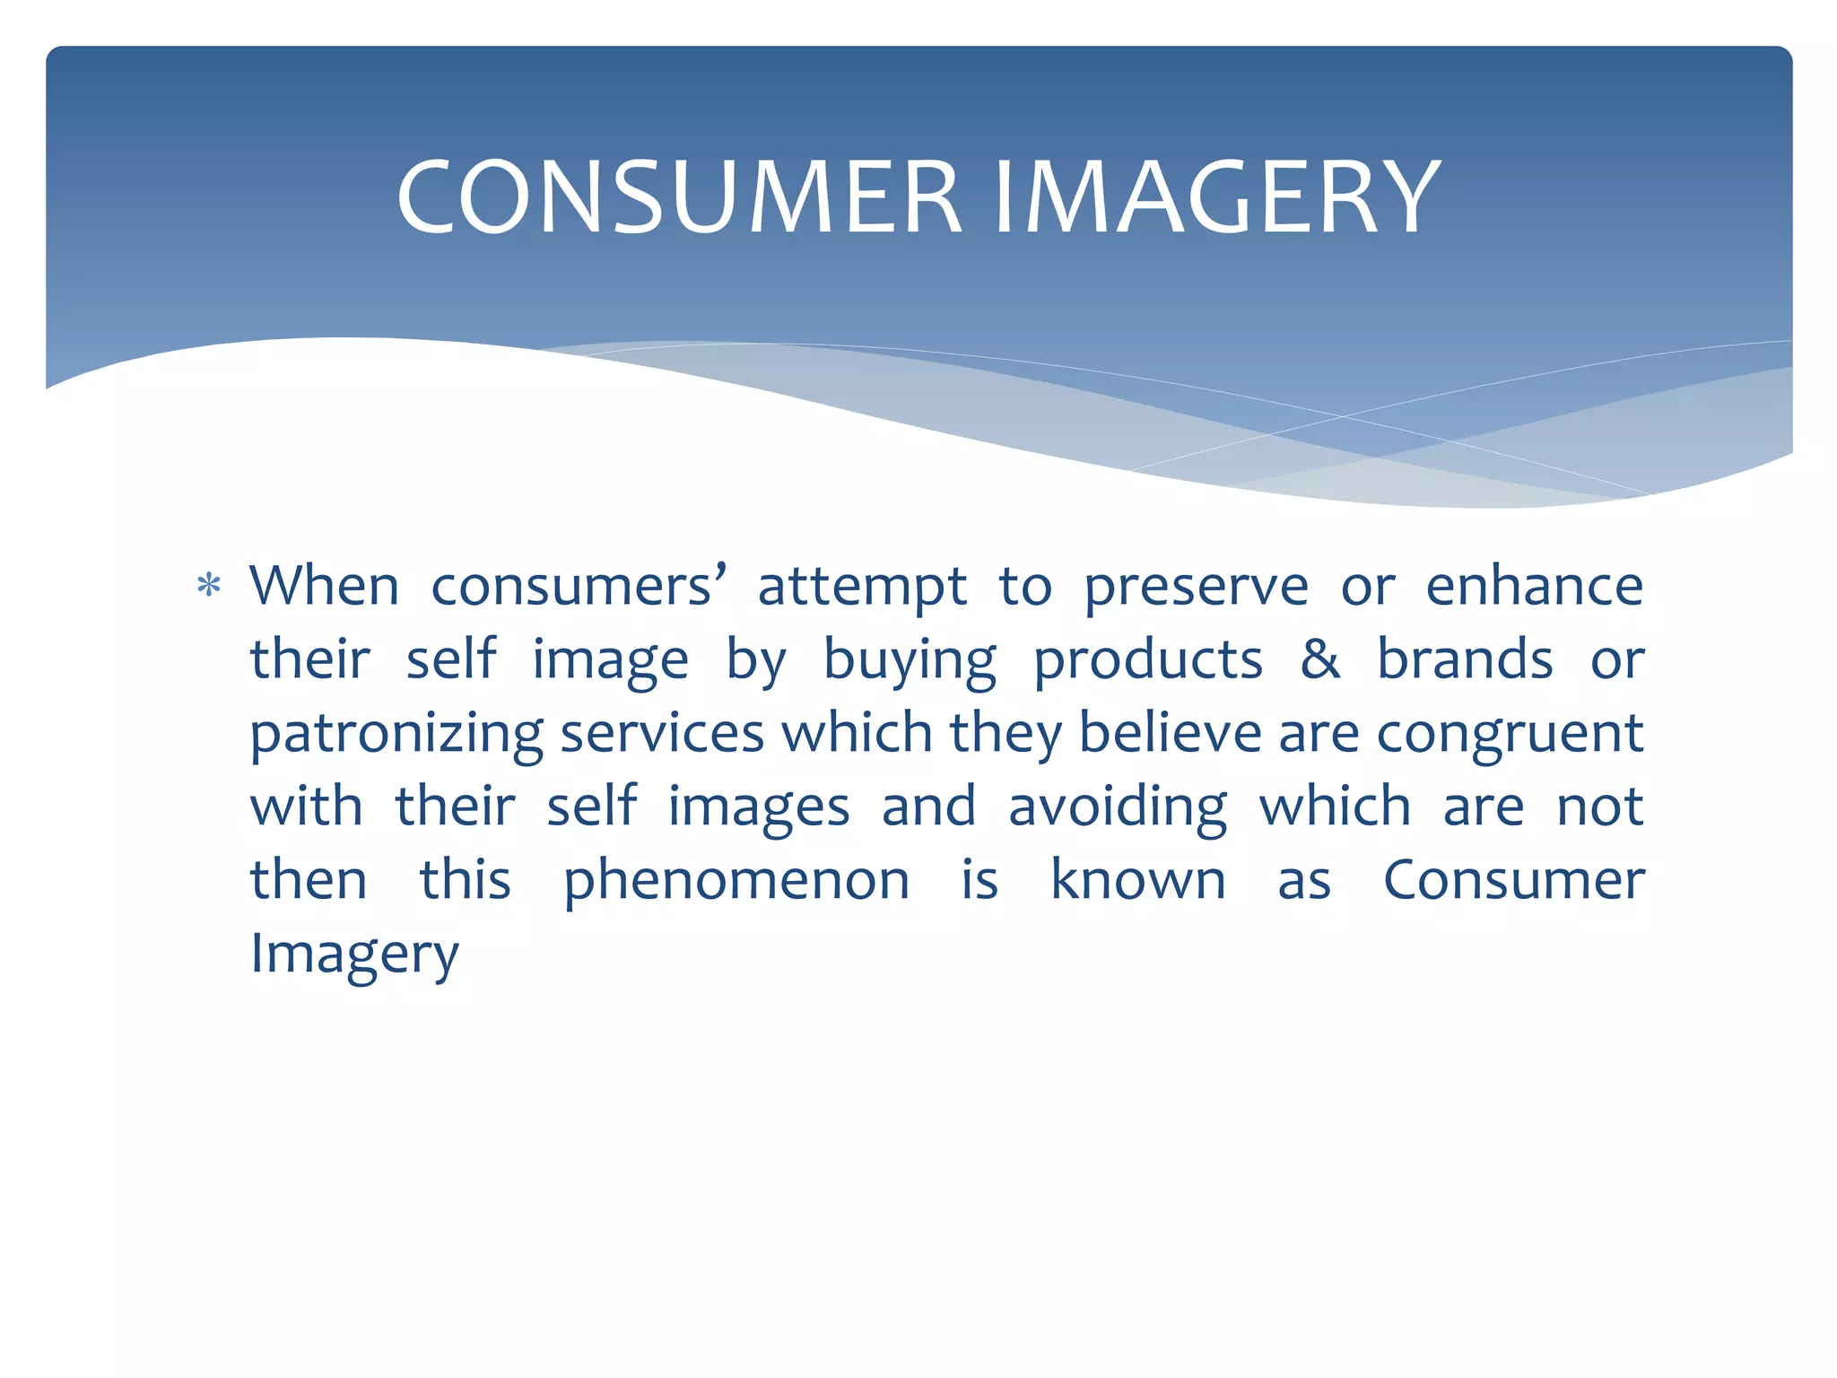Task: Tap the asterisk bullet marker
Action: pos(209,587)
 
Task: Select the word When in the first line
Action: pos(324,587)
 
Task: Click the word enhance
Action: pos(1534,587)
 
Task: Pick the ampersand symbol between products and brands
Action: pos(1319,660)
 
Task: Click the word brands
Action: pos(1465,660)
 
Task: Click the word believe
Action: pos(1170,733)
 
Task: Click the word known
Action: pos(1137,880)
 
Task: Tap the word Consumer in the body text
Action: pos(1514,880)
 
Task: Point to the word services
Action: pos(662,733)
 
